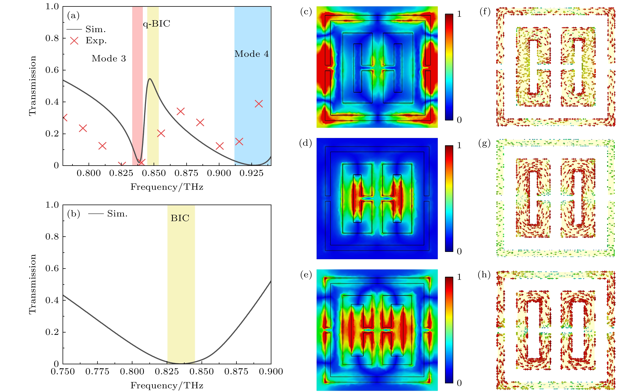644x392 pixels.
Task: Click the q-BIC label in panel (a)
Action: click(156, 24)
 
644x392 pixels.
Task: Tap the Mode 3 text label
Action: click(109, 59)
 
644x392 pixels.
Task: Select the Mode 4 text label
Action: click(251, 54)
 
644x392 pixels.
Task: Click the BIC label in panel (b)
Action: click(180, 218)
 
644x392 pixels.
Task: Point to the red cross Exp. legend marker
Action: click(74, 41)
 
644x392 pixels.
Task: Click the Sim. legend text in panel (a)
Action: click(96, 29)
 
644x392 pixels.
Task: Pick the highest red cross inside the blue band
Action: click(258, 104)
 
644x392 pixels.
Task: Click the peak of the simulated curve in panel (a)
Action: click(150, 79)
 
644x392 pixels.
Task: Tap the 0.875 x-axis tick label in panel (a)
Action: click(186, 173)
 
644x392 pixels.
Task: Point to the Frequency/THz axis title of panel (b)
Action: click(167, 385)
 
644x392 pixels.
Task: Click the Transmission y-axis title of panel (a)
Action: click(32, 86)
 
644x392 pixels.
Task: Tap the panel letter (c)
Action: click(306, 12)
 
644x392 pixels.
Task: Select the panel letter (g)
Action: click(484, 143)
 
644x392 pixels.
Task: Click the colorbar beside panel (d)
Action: click(449, 199)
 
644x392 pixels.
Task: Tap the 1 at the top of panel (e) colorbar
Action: click(459, 277)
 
